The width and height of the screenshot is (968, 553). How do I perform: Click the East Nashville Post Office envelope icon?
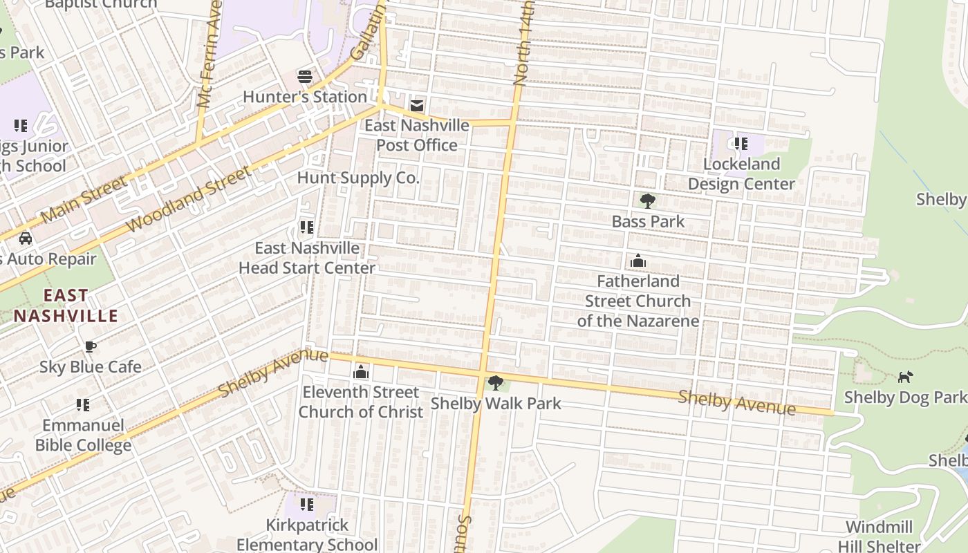click(417, 106)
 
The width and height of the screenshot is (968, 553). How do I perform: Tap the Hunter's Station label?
click(305, 97)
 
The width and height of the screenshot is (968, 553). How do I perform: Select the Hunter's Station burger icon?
click(305, 76)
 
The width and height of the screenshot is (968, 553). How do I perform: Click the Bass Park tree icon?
click(648, 201)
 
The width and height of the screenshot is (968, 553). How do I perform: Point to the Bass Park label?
click(648, 222)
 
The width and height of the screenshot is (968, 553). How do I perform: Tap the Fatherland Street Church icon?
click(638, 261)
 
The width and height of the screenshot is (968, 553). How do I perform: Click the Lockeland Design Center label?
click(741, 174)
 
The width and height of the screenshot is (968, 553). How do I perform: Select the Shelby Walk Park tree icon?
click(495, 382)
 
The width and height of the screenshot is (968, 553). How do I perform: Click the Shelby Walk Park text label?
click(496, 403)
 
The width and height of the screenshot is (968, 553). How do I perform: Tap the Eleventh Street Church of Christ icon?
click(361, 372)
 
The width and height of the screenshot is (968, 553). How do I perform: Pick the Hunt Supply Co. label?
click(358, 178)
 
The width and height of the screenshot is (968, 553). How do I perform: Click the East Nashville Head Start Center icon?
click(306, 227)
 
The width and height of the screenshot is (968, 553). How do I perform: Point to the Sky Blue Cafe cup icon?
click(90, 346)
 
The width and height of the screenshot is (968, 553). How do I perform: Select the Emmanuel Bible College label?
click(83, 435)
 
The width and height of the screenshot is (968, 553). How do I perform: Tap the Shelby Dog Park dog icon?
click(905, 377)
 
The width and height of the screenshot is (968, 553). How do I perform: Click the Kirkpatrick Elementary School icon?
click(307, 505)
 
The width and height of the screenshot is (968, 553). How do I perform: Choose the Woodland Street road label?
click(188, 200)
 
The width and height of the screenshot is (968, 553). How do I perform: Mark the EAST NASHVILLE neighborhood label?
click(66, 306)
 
